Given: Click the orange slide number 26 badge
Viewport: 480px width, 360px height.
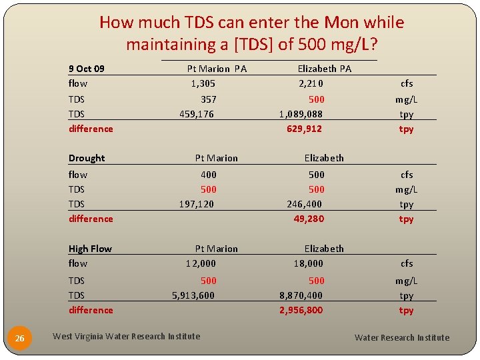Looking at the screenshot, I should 20,339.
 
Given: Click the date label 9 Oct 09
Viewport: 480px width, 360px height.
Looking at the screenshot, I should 87,69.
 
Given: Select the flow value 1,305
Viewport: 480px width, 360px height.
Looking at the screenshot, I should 203,83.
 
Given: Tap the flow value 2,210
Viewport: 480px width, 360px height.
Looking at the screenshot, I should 311,83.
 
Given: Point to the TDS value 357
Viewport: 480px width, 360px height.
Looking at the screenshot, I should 208,99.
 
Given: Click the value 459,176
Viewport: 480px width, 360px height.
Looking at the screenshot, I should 197,114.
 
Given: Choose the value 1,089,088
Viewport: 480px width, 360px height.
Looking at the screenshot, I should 301,114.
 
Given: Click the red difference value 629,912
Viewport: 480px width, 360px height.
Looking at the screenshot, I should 304,129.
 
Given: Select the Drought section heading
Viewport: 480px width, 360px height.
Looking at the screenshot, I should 87,158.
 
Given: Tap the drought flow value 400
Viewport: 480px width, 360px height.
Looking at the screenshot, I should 209,175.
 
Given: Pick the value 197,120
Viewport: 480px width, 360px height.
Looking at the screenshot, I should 197,204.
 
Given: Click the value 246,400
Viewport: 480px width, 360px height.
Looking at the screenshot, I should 304,204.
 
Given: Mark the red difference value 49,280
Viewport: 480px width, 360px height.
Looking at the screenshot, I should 309,219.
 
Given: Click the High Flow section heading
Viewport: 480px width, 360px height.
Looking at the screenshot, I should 90,249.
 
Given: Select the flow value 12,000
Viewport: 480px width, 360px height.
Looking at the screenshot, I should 201,263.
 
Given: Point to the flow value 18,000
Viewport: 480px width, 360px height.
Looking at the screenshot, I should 308,263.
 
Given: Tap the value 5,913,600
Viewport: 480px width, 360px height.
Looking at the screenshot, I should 193,295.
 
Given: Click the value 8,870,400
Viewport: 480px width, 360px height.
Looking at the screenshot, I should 301,295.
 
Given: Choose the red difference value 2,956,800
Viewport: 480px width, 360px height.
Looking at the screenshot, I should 301,310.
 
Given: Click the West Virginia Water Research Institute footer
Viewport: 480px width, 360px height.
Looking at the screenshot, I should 126,337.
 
